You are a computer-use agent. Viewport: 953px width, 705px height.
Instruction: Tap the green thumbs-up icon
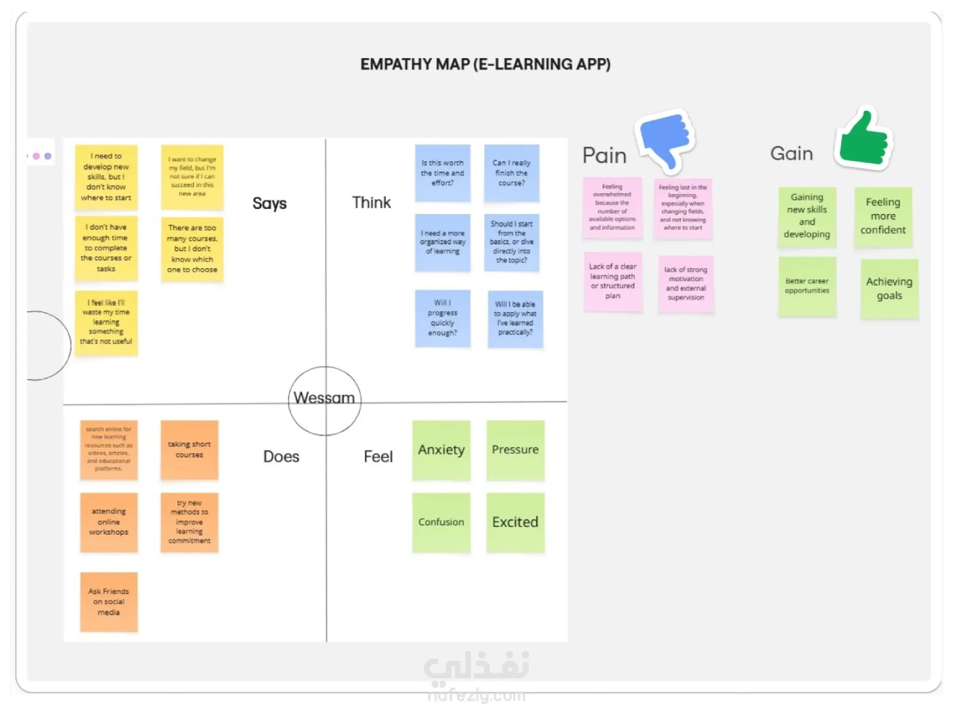click(x=864, y=140)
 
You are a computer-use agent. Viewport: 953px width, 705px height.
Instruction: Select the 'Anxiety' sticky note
click(x=441, y=450)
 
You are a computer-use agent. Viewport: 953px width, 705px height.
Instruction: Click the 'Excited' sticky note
click(x=515, y=522)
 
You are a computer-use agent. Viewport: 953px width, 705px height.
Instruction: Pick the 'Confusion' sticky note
click(x=441, y=522)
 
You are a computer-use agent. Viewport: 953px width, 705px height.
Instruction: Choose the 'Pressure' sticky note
click(x=515, y=450)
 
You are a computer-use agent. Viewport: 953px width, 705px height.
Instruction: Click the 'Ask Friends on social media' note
click(x=109, y=602)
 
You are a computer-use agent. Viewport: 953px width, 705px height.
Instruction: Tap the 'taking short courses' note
click(x=189, y=450)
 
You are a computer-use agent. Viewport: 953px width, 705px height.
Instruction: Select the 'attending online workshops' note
click(x=109, y=522)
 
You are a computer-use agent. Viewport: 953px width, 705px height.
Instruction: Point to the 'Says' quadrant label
click(x=270, y=203)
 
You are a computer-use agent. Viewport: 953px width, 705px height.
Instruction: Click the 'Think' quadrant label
click(x=371, y=203)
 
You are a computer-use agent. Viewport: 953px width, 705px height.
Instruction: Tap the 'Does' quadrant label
click(x=281, y=457)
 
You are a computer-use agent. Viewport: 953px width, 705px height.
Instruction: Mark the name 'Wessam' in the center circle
click(x=324, y=398)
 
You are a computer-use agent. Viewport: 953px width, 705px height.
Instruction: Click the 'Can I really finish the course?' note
click(x=511, y=173)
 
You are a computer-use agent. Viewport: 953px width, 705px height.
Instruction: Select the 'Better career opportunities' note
click(x=807, y=286)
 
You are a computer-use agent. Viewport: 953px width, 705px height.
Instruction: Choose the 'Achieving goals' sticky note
click(x=889, y=288)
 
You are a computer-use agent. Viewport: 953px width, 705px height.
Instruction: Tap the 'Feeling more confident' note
click(x=883, y=216)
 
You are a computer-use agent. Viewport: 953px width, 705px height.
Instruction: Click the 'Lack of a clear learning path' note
click(x=613, y=282)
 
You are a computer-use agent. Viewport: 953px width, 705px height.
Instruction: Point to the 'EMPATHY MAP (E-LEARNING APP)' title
click(x=485, y=65)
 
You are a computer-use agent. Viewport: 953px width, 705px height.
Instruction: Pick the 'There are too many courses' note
click(x=192, y=249)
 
